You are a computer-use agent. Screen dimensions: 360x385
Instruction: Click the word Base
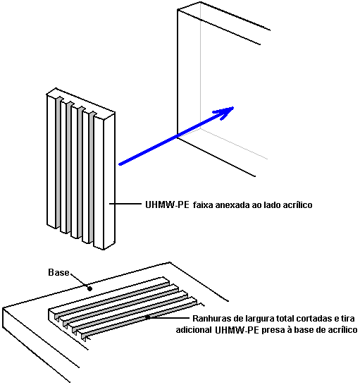(58, 273)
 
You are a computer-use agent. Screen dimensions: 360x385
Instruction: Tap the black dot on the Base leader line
(89, 289)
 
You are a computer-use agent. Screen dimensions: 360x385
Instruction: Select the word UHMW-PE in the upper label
(167, 204)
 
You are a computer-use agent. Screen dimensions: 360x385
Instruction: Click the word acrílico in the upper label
(298, 204)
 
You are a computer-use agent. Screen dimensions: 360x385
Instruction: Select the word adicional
(194, 330)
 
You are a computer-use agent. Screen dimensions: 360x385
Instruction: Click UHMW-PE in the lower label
(237, 330)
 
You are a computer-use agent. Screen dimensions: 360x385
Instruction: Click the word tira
(348, 319)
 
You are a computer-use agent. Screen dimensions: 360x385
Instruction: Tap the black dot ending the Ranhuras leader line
(148, 317)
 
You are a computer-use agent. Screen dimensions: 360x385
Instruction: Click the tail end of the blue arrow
(120, 164)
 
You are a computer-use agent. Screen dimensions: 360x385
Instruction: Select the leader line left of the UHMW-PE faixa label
(125, 204)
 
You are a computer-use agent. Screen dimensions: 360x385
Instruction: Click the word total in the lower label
(285, 319)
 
